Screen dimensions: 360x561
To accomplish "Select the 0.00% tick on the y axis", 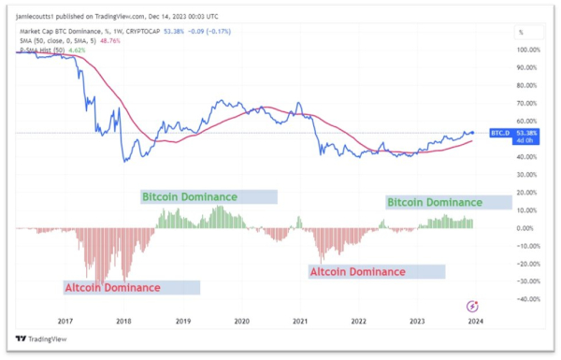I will pyautogui.click(x=525, y=228).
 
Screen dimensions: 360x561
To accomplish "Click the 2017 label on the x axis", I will pyautogui.click(x=65, y=319).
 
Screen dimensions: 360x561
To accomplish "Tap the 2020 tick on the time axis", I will pyautogui.click(x=241, y=319).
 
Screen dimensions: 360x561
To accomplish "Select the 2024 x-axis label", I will pyautogui.click(x=476, y=319).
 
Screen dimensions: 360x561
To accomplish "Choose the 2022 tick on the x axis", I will pyautogui.click(x=358, y=319).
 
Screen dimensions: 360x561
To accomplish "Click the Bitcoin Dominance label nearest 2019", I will pyautogui.click(x=189, y=197).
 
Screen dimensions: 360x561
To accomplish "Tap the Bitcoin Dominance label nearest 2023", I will pyautogui.click(x=435, y=202).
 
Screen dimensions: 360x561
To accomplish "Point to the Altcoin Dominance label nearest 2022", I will pyautogui.click(x=357, y=272).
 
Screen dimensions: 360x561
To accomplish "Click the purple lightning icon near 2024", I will pyautogui.click(x=473, y=305).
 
